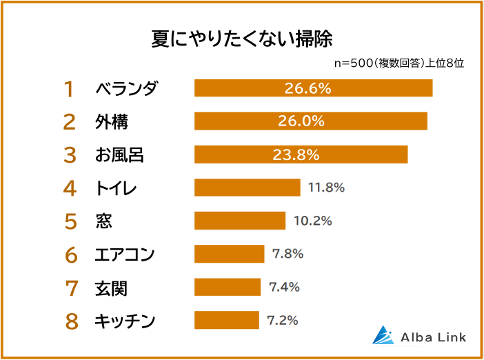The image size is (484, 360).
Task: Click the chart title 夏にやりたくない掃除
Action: click(x=242, y=38)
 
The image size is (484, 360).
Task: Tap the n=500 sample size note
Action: click(x=399, y=63)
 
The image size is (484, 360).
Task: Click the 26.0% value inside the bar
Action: click(x=301, y=121)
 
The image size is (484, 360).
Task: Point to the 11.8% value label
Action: click(x=326, y=188)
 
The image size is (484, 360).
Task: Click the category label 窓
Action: click(x=103, y=221)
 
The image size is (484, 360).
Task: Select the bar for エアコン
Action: click(x=229, y=254)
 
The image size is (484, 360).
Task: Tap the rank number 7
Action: click(x=70, y=288)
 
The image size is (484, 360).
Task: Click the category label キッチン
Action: click(x=125, y=321)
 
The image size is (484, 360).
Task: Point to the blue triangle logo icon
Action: click(x=384, y=335)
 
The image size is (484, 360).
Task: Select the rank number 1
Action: click(x=70, y=89)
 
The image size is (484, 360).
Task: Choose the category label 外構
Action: click(x=111, y=122)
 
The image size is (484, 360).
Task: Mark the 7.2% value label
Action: click(x=282, y=321)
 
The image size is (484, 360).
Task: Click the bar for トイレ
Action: click(x=247, y=188)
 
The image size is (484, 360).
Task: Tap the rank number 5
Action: click(x=70, y=221)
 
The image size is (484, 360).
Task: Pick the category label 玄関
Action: click(x=111, y=288)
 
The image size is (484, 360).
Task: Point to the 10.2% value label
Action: click(x=312, y=221)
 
